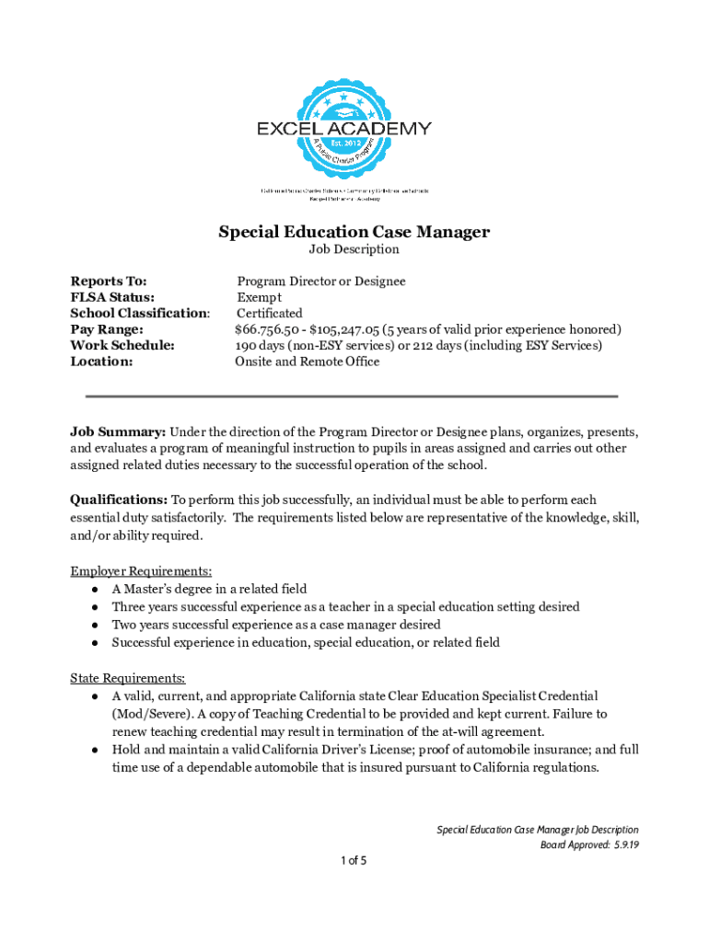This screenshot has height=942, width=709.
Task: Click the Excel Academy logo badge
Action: [x=343, y=129]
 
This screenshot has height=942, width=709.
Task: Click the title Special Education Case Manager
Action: [x=354, y=232]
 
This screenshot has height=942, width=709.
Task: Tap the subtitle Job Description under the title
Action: [x=354, y=249]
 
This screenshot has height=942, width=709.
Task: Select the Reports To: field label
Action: [x=109, y=281]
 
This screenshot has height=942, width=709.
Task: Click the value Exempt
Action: [x=260, y=297]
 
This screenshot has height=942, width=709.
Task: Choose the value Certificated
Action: [x=269, y=314]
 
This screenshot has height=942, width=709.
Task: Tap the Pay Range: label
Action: [x=107, y=329]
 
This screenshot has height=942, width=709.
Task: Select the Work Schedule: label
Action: [x=122, y=346]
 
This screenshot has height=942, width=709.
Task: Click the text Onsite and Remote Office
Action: [x=308, y=362]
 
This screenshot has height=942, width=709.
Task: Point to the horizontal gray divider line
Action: [x=352, y=396]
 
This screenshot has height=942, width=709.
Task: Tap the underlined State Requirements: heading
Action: [x=128, y=678]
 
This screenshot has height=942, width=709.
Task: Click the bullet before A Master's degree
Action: [x=95, y=589]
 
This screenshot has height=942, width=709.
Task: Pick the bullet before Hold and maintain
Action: [x=95, y=750]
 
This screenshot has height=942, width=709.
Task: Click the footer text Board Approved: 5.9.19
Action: [x=588, y=844]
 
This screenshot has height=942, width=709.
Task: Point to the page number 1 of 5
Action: [x=354, y=861]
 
